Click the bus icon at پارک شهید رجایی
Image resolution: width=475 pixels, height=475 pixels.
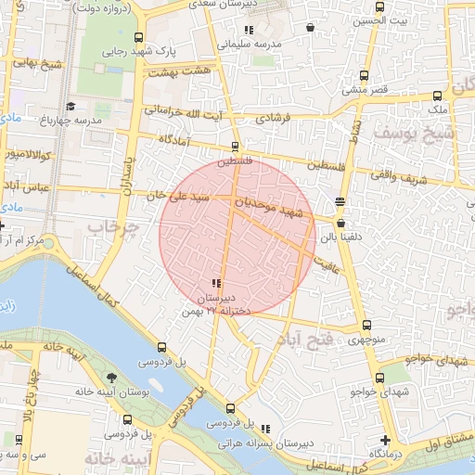(138, 38)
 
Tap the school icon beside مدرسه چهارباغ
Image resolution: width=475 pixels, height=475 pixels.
(71, 107)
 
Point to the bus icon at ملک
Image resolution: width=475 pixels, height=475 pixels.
(437, 95)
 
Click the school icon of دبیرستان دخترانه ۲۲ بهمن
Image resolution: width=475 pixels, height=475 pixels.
(216, 283)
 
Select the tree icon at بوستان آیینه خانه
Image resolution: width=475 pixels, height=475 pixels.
(111, 378)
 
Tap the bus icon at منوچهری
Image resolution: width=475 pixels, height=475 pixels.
(366, 325)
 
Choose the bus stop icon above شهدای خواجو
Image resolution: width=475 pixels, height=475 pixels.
(379, 378)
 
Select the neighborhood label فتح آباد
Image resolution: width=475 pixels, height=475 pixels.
(304, 340)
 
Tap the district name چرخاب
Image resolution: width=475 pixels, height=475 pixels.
(113, 226)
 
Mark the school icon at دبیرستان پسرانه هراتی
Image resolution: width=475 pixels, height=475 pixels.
(266, 429)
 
